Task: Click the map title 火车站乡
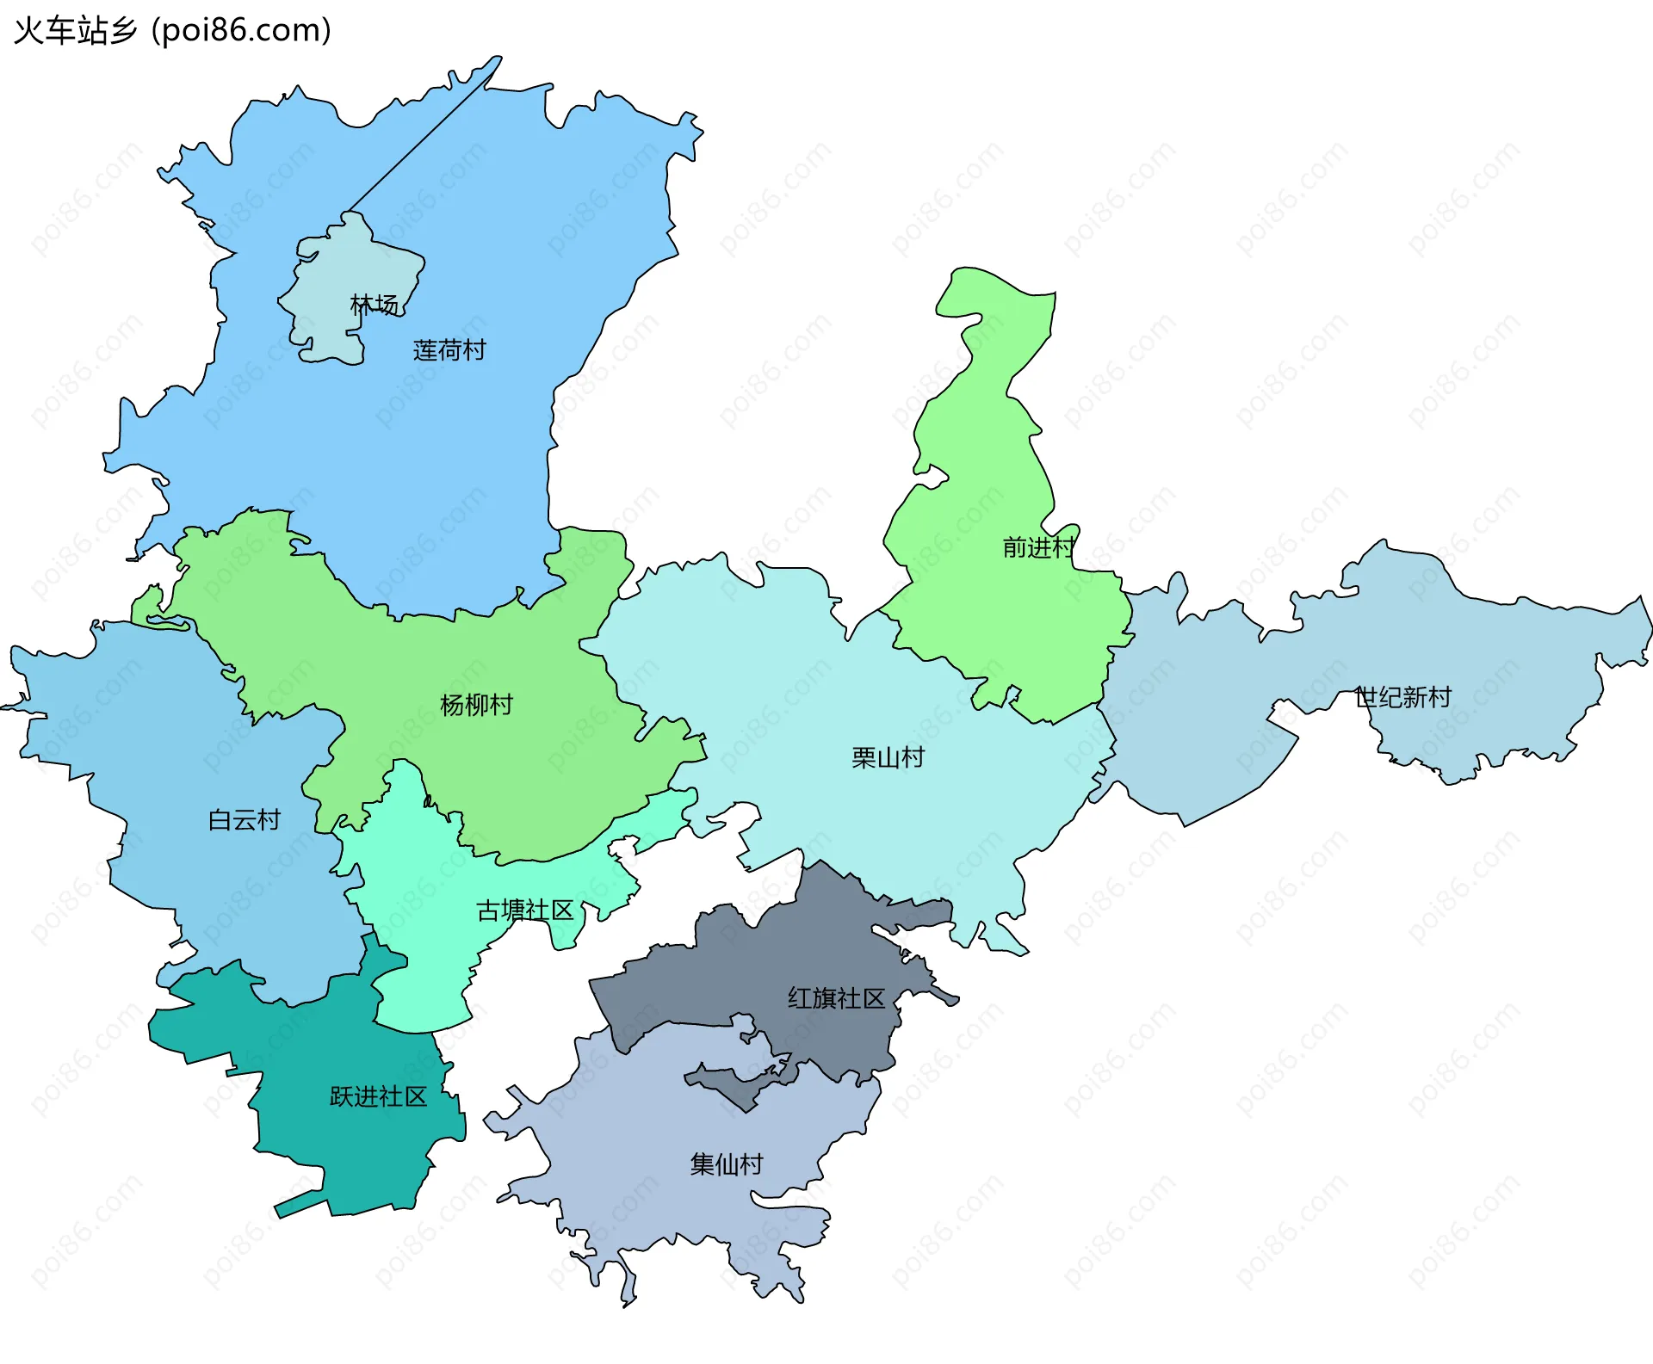(x=76, y=31)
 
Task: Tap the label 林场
(x=374, y=305)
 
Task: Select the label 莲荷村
(x=449, y=350)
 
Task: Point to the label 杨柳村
(x=476, y=706)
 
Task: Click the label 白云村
(x=245, y=820)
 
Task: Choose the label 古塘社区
(x=525, y=910)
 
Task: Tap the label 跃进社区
(x=379, y=1097)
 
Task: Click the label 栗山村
(x=888, y=758)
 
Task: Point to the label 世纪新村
(x=1403, y=697)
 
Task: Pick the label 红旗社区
(x=836, y=998)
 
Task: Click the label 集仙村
(x=727, y=1164)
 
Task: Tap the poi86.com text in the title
(x=241, y=31)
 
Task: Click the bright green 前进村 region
(x=990, y=430)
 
